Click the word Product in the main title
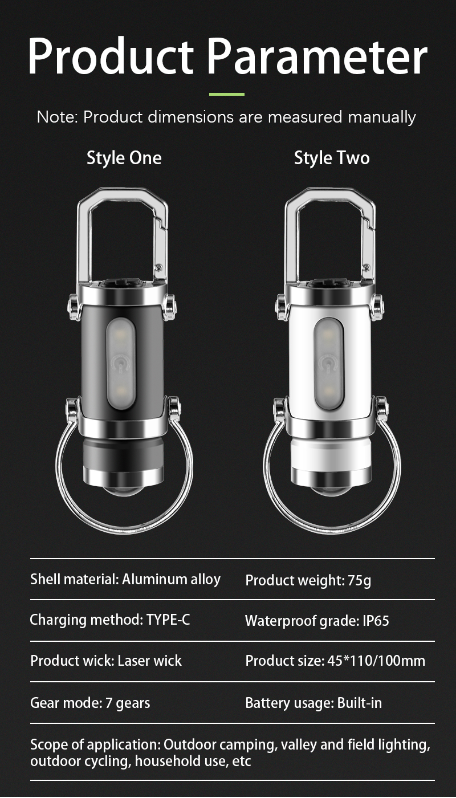pos(111,56)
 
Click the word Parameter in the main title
pos(317,56)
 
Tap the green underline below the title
pos(227,94)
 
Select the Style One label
pos(124,158)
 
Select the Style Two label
pos(332,158)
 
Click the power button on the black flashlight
pos(121,364)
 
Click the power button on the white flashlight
pos(328,364)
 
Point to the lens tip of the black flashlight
pos(121,489)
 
